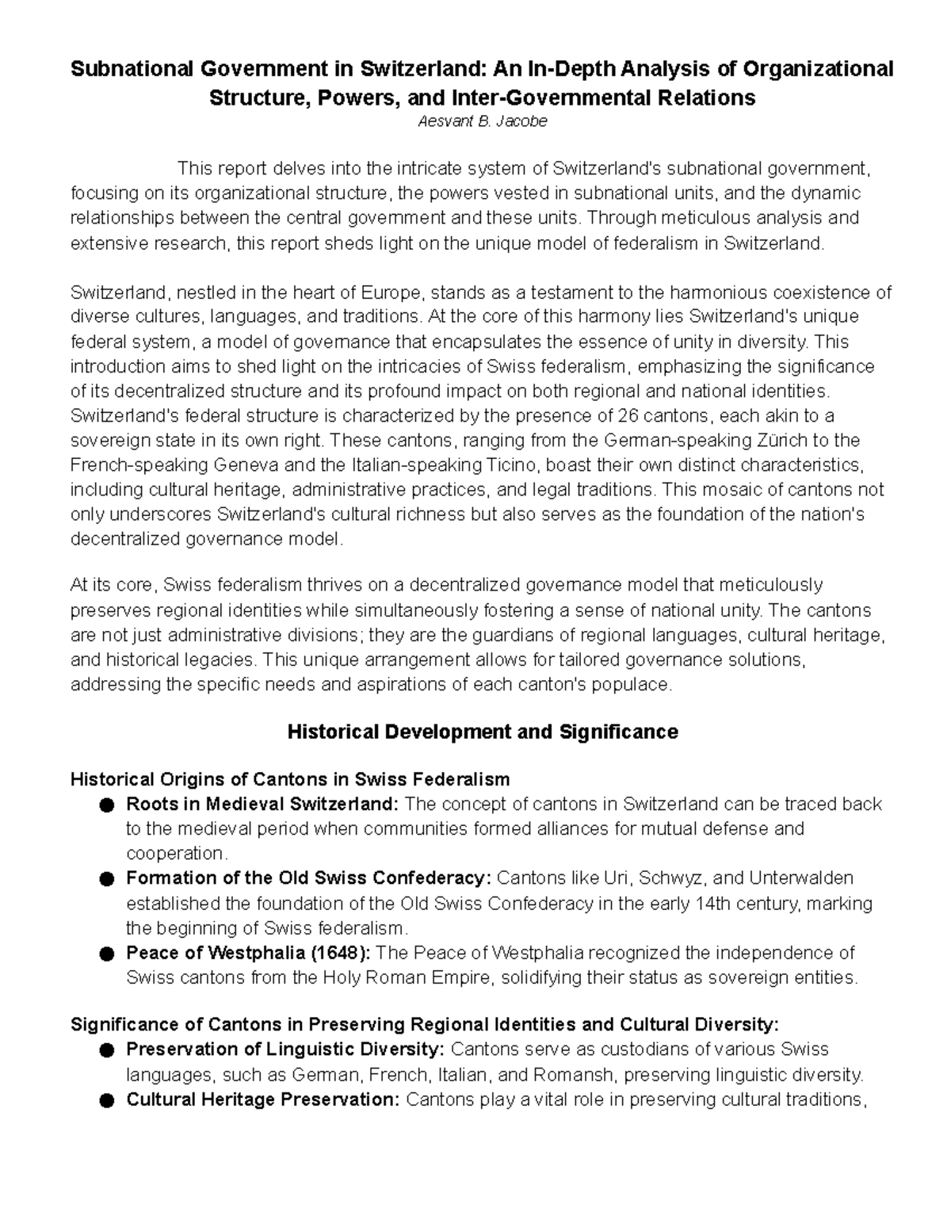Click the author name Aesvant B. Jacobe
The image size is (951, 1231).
482,122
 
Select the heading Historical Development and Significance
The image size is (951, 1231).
482,731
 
